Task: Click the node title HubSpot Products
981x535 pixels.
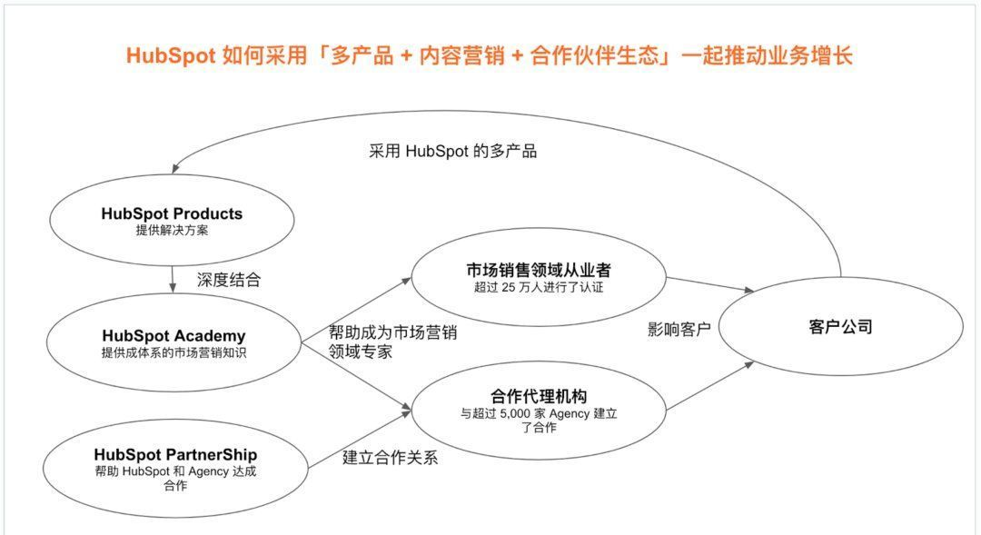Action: coord(172,214)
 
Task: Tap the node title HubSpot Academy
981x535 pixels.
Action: coord(173,336)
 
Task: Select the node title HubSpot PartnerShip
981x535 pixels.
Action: coord(175,454)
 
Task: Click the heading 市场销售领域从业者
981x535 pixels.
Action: coord(538,271)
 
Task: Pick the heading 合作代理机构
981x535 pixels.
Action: coord(539,396)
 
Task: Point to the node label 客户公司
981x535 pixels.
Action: coord(840,327)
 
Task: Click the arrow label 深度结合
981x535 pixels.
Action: coord(228,280)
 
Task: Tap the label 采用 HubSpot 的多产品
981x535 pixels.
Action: coord(452,152)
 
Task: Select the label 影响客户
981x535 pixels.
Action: coord(679,329)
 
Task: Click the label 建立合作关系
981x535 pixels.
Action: coord(390,458)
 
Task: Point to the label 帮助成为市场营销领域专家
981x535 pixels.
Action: coord(392,342)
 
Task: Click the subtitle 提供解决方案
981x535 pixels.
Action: coord(172,231)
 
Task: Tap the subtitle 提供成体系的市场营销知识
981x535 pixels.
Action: coord(173,353)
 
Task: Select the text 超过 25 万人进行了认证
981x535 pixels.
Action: coord(538,287)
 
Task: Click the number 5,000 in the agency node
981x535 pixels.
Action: coord(515,413)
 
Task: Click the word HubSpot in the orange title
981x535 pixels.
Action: coord(171,55)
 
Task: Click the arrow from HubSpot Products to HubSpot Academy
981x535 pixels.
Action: coord(173,279)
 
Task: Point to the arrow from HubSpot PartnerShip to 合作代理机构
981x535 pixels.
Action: coord(359,439)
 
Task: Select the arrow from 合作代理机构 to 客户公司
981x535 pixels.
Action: coord(710,385)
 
